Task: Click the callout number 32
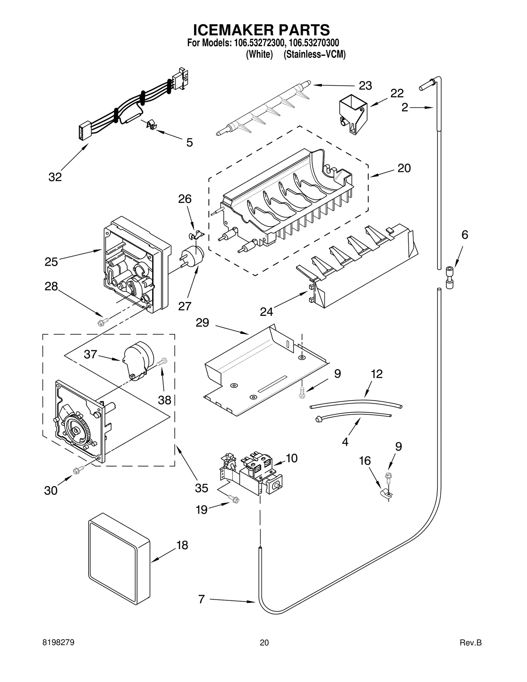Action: [x=55, y=177]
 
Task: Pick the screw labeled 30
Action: [x=78, y=471]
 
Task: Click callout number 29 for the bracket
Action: [x=202, y=322]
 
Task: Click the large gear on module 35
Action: [x=76, y=430]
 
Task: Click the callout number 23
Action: [x=365, y=86]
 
